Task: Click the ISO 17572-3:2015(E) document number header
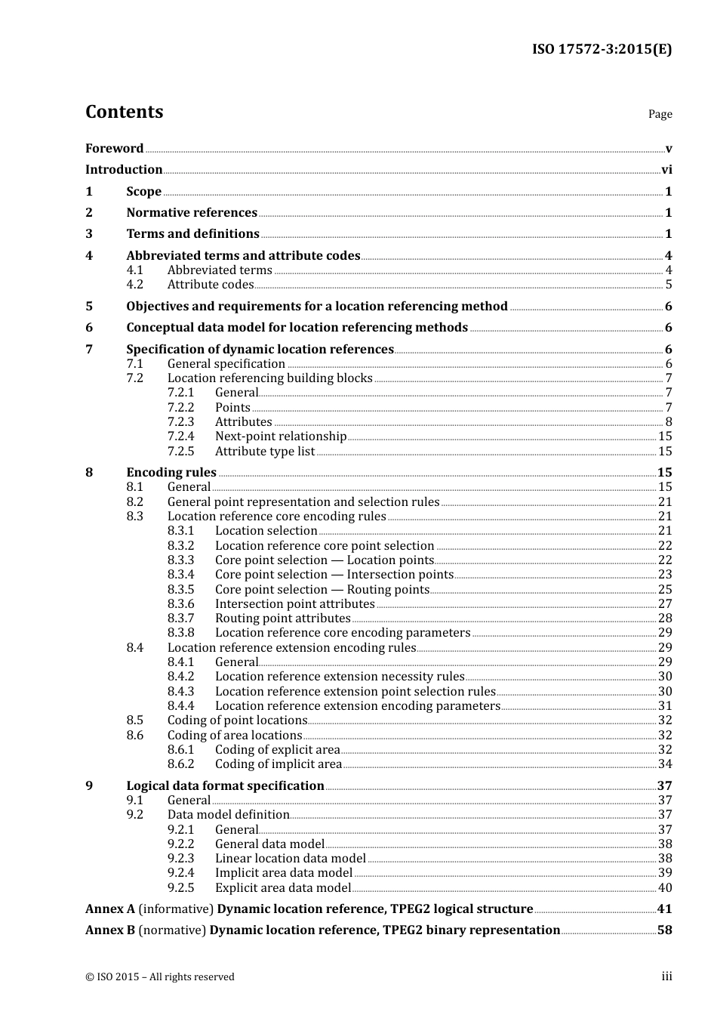pyautogui.click(x=602, y=50)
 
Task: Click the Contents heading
pyautogui.click(x=124, y=112)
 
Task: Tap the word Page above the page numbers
pyautogui.click(x=660, y=114)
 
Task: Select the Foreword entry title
pyautogui.click(x=114, y=149)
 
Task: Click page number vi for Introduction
pyautogui.click(x=666, y=170)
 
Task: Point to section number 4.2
pyautogui.click(x=134, y=285)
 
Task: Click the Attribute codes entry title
pyautogui.click(x=210, y=285)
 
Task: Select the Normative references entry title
pyautogui.click(x=192, y=213)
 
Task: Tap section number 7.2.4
pyautogui.click(x=180, y=437)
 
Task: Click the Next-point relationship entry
pyautogui.click(x=280, y=437)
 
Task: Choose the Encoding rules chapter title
pyautogui.click(x=171, y=473)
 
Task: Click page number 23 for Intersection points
pyautogui.click(x=665, y=575)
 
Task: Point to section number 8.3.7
pyautogui.click(x=180, y=619)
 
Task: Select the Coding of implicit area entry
pyautogui.click(x=278, y=764)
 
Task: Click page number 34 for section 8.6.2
pyautogui.click(x=665, y=764)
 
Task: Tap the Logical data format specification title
pyautogui.click(x=225, y=786)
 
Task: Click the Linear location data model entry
pyautogui.click(x=290, y=859)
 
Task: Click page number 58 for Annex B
pyautogui.click(x=664, y=930)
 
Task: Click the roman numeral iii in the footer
pyautogui.click(x=666, y=976)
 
